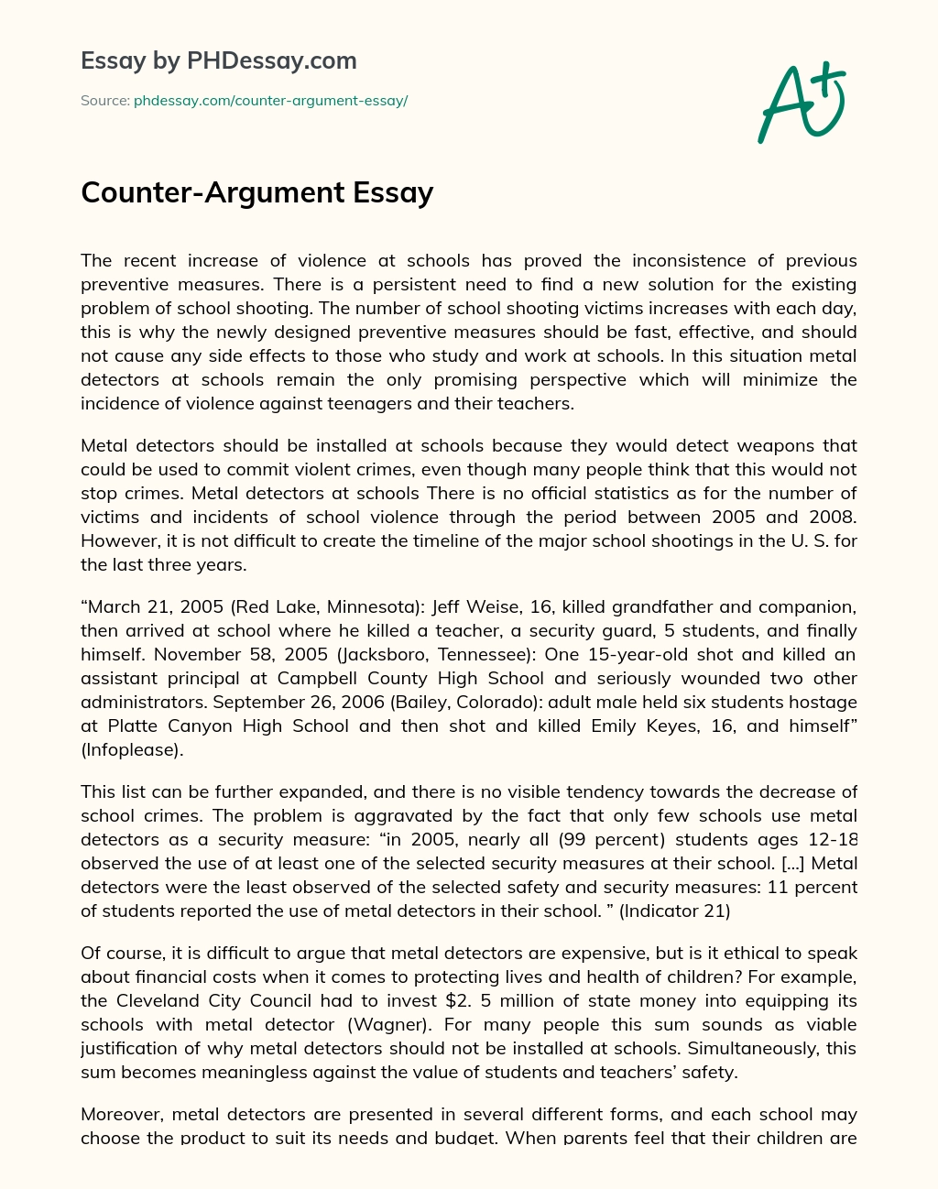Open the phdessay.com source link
coord(270,101)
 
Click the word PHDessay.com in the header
coord(272,61)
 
